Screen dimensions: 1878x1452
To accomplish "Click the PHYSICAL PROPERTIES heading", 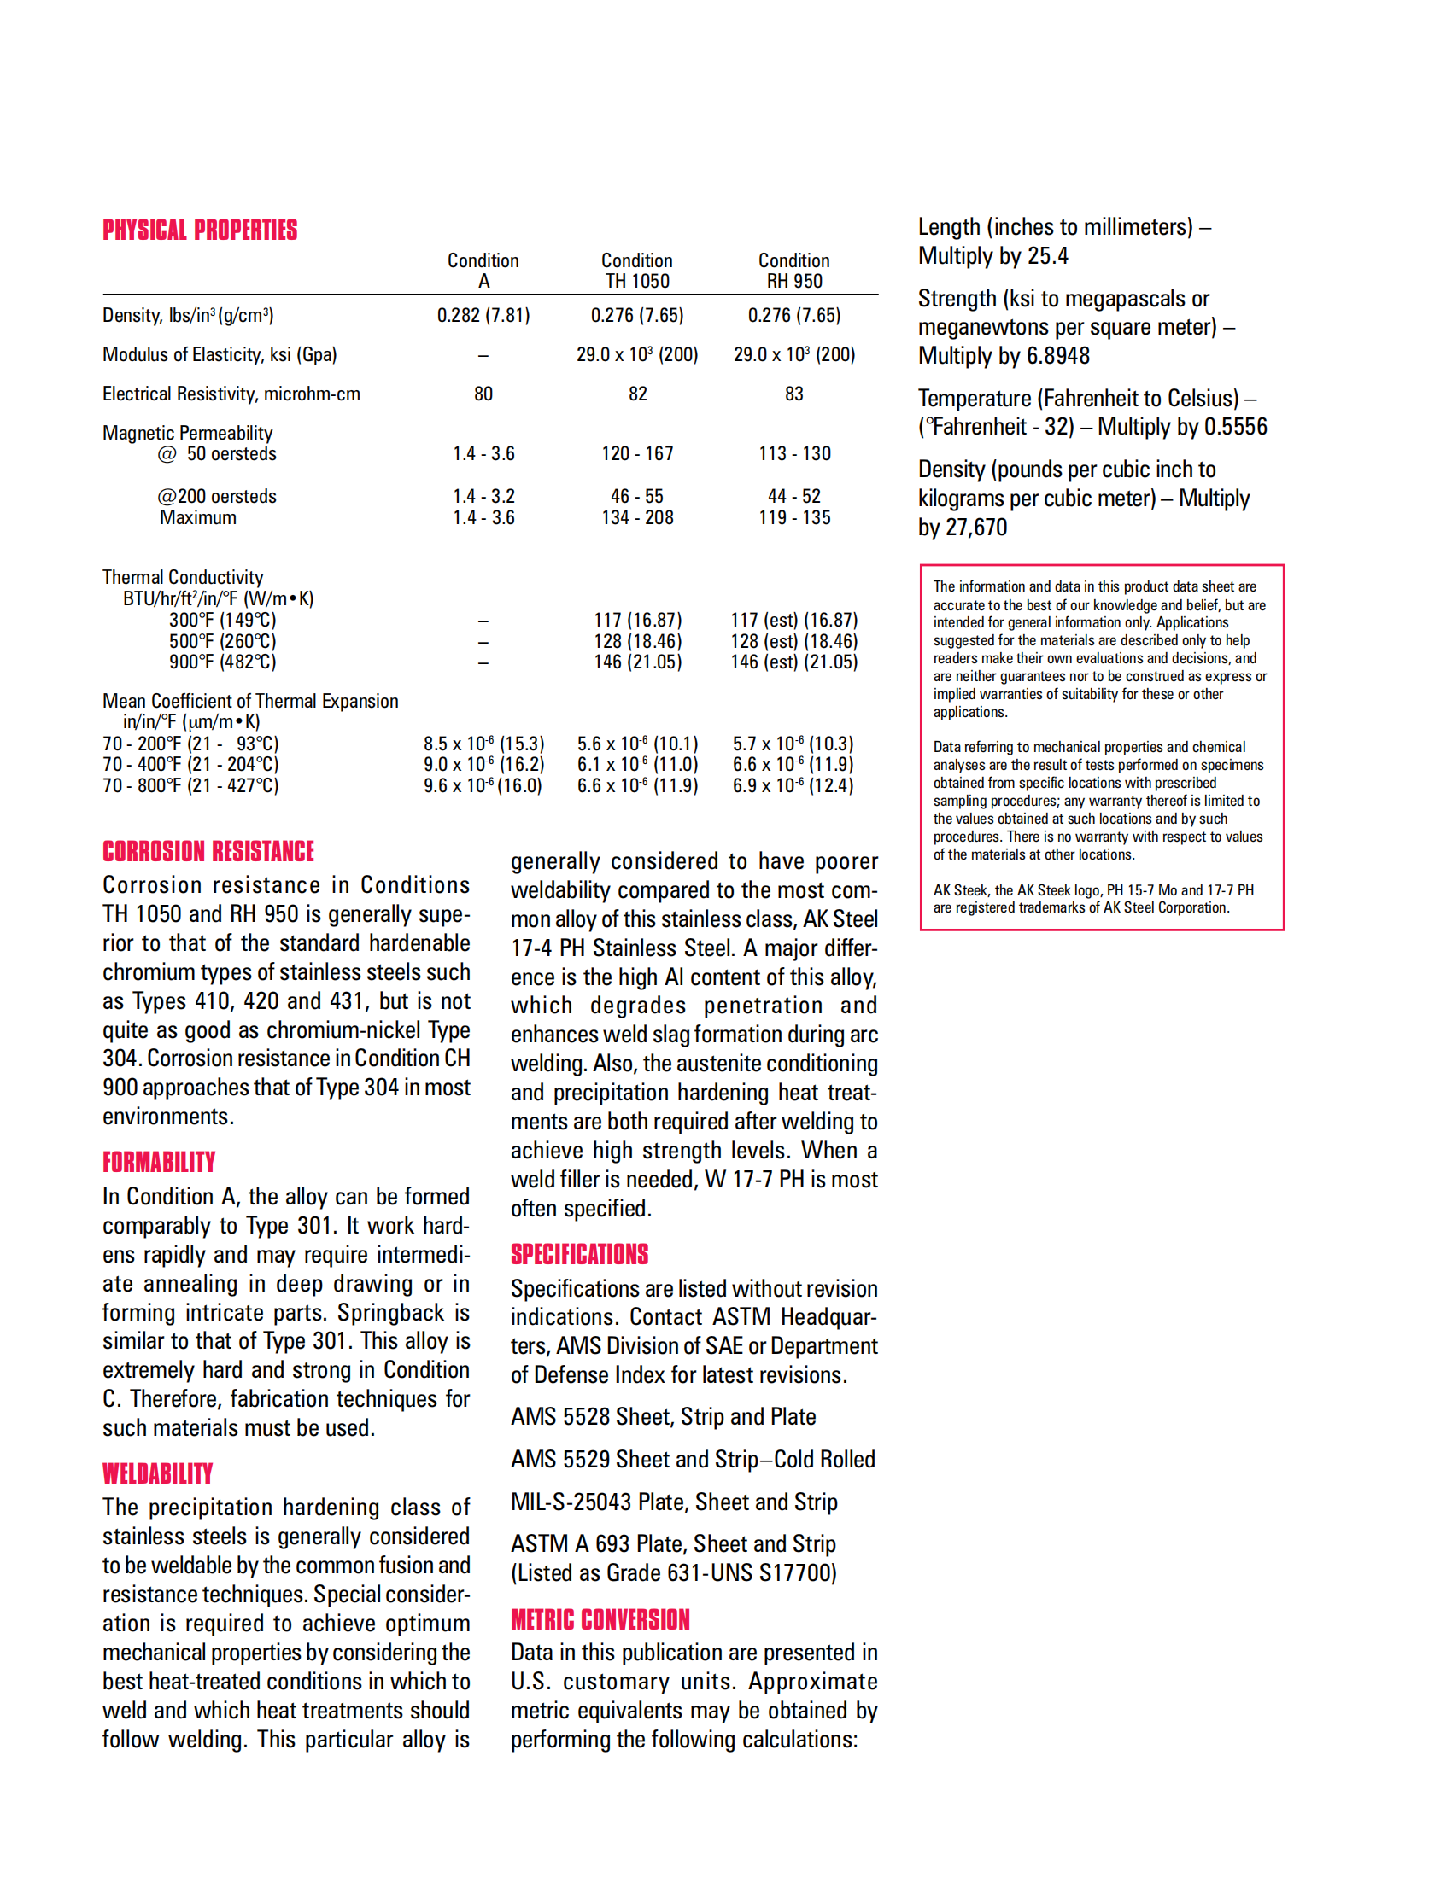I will (x=200, y=230).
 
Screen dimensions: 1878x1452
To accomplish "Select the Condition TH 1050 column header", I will (x=636, y=270).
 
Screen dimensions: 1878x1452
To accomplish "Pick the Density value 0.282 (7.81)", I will (x=483, y=316).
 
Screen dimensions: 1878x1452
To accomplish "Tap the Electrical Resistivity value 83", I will (x=794, y=394).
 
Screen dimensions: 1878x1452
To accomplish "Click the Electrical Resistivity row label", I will (x=231, y=394).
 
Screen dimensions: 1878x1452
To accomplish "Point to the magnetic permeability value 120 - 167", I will (x=637, y=453).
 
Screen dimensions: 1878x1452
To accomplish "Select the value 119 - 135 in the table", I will (x=794, y=517).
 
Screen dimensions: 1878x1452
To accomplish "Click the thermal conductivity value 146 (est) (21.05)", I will (x=794, y=662).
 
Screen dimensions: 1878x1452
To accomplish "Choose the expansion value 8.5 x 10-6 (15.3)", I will (x=483, y=744).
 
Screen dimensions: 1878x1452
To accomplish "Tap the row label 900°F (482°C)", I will (x=223, y=662).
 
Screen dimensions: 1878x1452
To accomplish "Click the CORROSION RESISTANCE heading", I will (x=208, y=851).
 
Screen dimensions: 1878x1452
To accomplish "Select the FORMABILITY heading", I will (x=159, y=1163).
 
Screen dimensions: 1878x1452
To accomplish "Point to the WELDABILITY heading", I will (x=157, y=1474).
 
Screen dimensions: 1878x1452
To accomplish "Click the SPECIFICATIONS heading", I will (x=580, y=1255).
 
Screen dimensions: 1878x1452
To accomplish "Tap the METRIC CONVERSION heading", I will (x=600, y=1620).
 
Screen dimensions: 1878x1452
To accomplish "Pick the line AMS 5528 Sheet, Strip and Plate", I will (x=663, y=1416).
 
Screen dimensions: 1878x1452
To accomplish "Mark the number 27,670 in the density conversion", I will (x=975, y=527).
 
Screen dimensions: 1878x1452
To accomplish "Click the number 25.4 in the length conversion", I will (x=1048, y=256).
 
